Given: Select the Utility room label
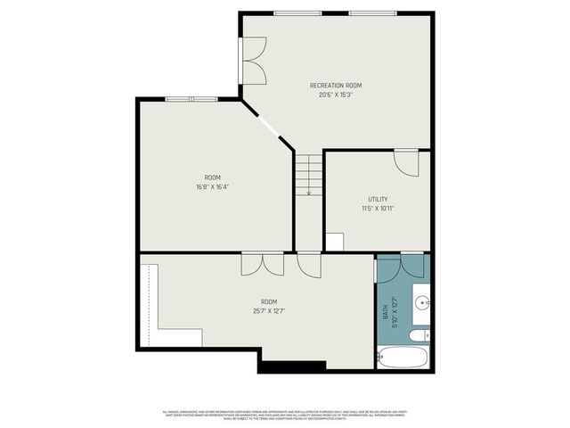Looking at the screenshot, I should coord(378,199).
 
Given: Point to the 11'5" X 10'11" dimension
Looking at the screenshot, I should coord(378,208).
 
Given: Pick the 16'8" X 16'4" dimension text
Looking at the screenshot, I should coord(213,187).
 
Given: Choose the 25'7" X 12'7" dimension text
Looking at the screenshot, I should coord(268,310).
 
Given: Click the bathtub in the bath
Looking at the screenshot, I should coord(403,358).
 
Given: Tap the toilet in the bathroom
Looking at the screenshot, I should coord(419,335).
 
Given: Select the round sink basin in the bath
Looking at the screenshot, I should coord(422,300).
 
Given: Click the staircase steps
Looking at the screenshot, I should coord(308,170).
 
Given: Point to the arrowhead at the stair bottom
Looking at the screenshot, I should coord(308,193).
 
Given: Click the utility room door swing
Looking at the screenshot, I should coord(405,162).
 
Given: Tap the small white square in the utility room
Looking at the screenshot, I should coord(334,242).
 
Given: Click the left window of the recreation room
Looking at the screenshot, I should coord(297,12).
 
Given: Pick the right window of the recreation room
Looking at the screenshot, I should coord(372,12).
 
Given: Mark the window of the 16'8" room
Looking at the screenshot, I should coord(191,99).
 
